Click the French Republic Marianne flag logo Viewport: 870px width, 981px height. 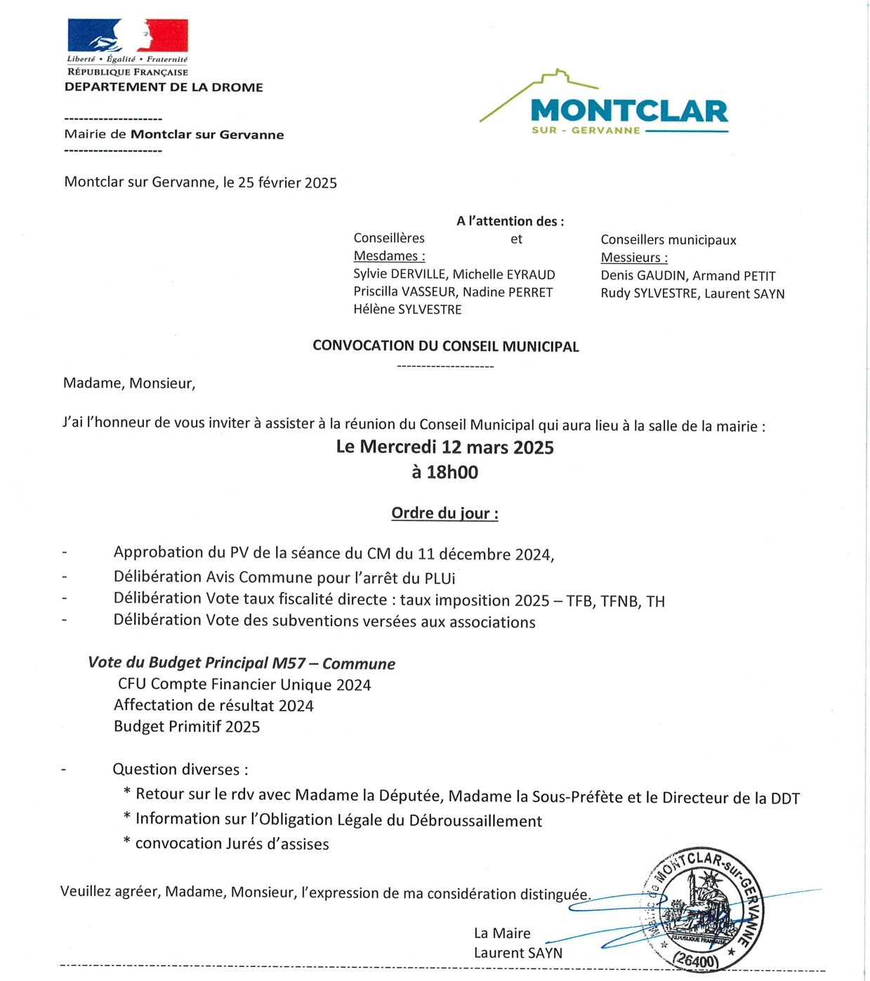[128, 36]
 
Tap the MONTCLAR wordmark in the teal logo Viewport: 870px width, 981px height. [629, 111]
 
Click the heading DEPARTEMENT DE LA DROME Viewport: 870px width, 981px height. [164, 87]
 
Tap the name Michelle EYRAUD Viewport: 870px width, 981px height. [503, 275]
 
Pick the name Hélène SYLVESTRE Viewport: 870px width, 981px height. [407, 310]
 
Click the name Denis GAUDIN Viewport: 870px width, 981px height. [642, 276]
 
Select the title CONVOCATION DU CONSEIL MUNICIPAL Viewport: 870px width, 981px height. [446, 346]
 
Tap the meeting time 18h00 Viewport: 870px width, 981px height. [452, 472]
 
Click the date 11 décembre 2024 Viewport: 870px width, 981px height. [485, 555]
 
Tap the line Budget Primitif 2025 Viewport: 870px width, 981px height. [187, 727]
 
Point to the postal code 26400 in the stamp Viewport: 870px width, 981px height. [697, 960]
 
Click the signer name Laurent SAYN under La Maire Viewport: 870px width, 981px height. [518, 953]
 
